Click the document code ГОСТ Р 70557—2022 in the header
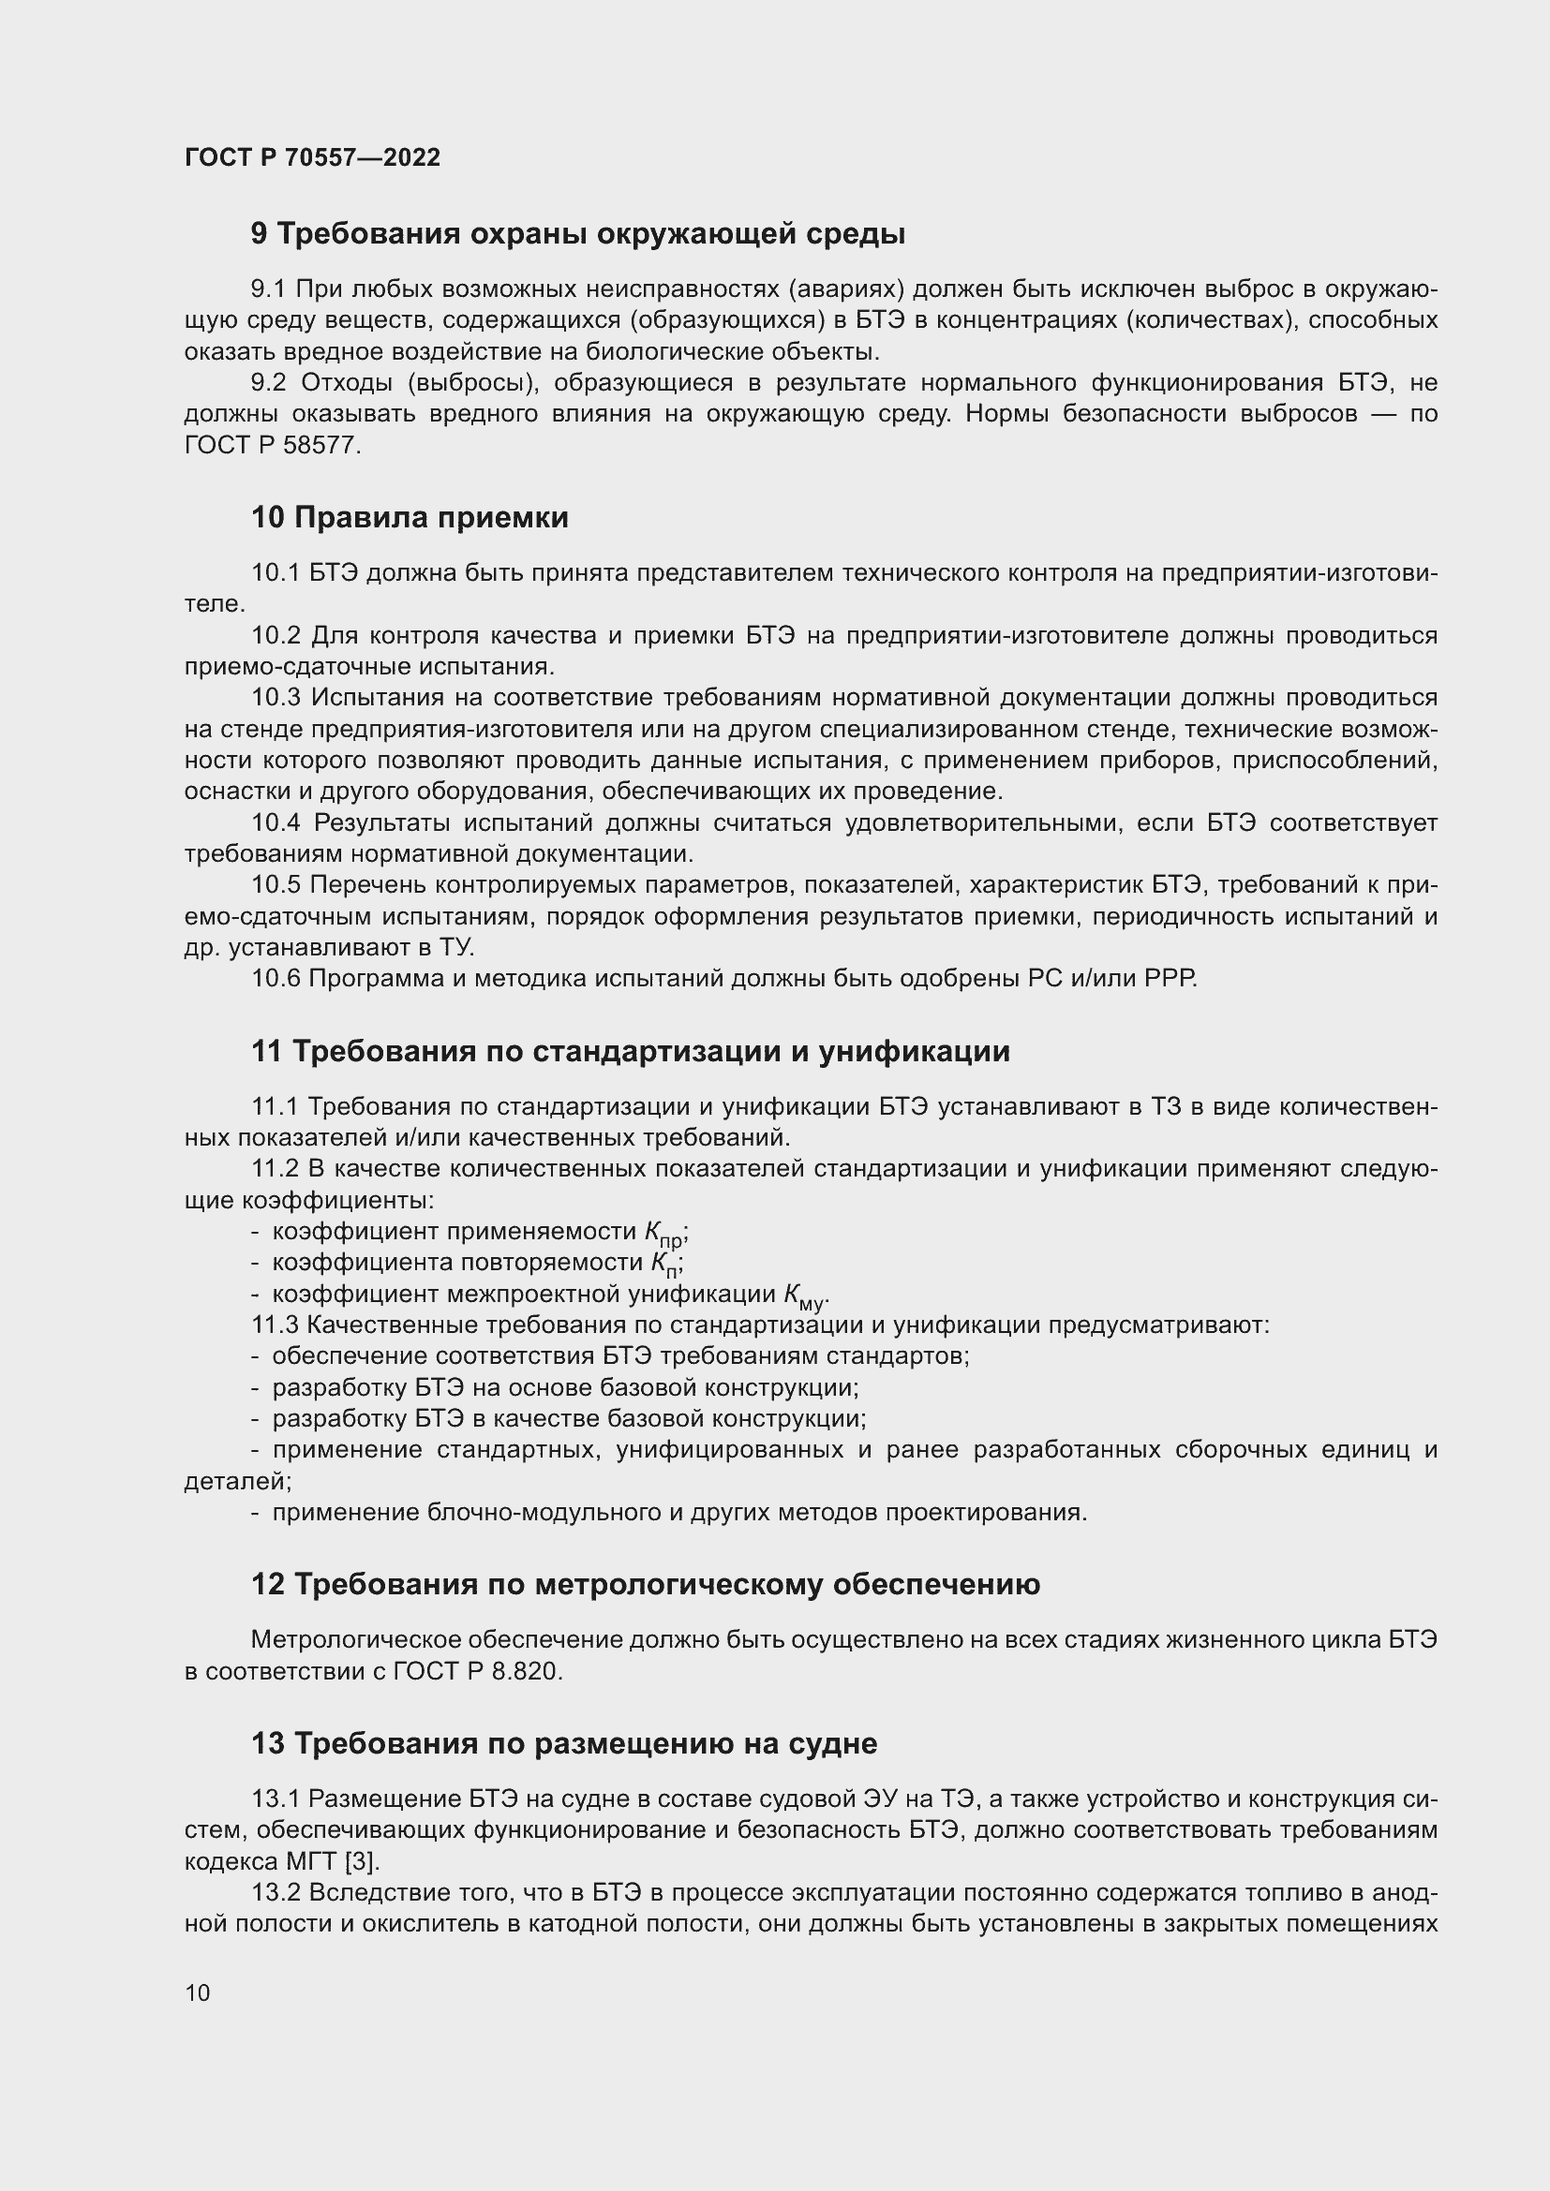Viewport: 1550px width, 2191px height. coord(312,157)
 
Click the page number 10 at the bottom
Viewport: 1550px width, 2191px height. coord(198,1992)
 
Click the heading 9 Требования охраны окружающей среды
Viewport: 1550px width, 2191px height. coord(577,234)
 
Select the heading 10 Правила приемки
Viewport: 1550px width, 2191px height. coord(410,517)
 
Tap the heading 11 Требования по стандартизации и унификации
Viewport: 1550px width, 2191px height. coord(630,1051)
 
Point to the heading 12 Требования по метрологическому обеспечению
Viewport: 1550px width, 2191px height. coord(645,1584)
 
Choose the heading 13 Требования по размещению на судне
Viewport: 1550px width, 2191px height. coord(563,1743)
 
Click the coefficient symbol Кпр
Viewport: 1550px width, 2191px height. coord(664,1234)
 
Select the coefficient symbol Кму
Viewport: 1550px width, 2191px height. coord(803,1296)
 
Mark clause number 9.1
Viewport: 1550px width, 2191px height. coord(268,289)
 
